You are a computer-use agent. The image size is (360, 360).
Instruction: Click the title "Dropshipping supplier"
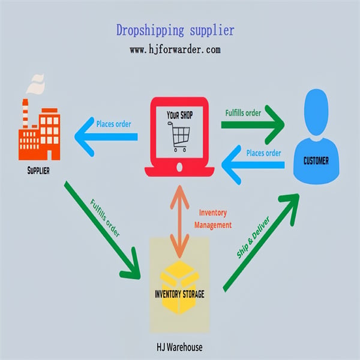click(175, 31)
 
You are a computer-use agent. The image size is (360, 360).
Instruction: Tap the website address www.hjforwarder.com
click(175, 50)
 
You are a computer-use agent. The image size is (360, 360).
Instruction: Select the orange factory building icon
click(39, 130)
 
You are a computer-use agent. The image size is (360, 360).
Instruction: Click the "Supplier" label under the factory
click(38, 170)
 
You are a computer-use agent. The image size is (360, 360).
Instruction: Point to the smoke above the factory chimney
click(35, 84)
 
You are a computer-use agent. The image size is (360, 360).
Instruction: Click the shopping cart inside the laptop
click(179, 136)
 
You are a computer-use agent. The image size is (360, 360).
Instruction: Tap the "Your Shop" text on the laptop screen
click(180, 115)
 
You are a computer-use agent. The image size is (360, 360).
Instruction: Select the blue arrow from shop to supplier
click(106, 137)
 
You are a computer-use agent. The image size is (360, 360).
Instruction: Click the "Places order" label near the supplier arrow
click(113, 124)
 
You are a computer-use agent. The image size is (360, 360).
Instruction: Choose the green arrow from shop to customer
click(253, 125)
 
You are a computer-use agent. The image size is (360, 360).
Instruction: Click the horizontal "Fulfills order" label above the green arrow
click(243, 113)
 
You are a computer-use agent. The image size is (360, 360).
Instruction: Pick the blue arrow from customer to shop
click(253, 164)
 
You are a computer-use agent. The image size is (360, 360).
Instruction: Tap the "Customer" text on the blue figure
click(316, 161)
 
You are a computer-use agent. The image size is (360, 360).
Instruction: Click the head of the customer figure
click(316, 112)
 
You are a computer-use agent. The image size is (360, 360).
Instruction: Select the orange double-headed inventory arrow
click(180, 221)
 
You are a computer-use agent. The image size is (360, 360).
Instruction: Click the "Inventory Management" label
click(213, 219)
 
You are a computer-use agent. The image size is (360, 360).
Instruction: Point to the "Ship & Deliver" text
click(253, 237)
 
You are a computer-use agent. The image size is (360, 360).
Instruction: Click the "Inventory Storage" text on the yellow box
click(179, 294)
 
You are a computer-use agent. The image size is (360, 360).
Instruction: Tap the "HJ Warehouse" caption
click(179, 347)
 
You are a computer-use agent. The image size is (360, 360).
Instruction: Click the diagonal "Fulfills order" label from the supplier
click(105, 218)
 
